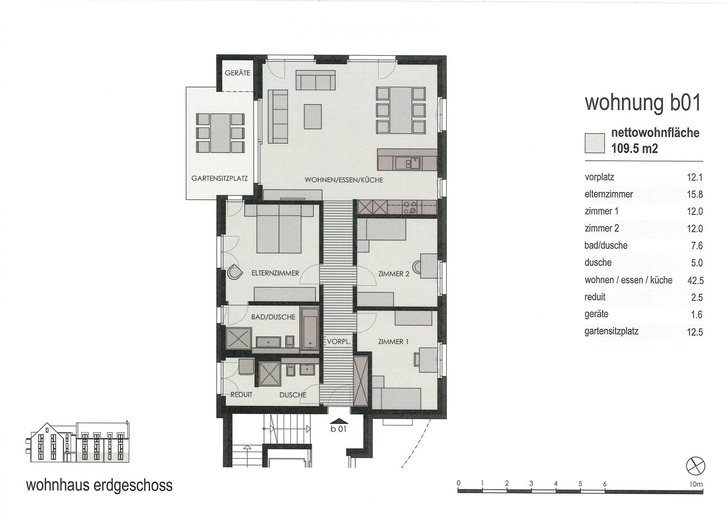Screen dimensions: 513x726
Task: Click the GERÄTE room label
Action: click(237, 73)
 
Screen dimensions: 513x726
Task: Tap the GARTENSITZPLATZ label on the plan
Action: click(219, 179)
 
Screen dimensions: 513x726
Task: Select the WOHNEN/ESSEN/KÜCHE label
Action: click(344, 180)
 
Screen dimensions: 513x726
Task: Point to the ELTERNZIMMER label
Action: click(275, 273)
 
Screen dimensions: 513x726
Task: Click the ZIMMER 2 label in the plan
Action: click(393, 274)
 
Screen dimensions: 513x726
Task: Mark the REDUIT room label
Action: click(241, 394)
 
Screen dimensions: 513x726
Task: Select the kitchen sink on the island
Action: click(408, 163)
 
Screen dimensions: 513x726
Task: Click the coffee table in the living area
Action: click(313, 116)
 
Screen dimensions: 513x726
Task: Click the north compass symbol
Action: click(696, 466)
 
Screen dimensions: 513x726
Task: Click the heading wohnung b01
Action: click(643, 103)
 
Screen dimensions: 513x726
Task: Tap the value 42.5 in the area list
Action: click(695, 280)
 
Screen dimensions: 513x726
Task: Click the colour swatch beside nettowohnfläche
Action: click(594, 143)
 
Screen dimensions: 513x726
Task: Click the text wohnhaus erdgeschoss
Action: click(99, 485)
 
